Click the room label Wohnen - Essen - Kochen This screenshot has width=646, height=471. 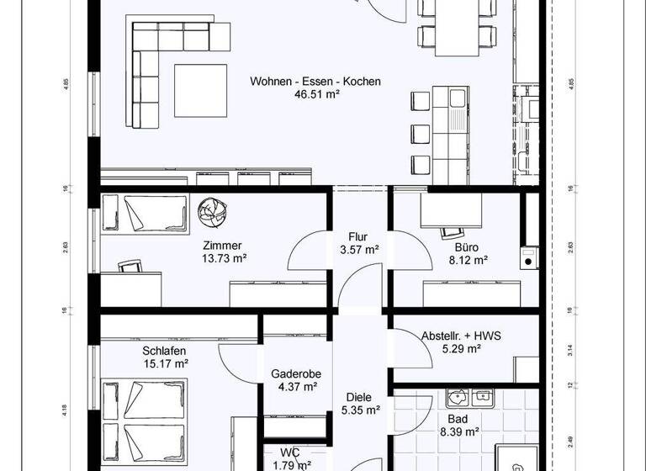pos(315,82)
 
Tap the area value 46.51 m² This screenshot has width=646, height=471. pos(315,95)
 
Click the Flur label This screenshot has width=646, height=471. pos(359,236)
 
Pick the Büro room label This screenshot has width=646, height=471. pos(467,247)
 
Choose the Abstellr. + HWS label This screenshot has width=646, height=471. pos(461,335)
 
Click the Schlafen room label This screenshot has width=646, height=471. pos(164,351)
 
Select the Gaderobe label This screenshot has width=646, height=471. pos(295,374)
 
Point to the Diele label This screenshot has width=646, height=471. pos(359,398)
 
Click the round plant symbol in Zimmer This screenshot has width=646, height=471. pos(211,211)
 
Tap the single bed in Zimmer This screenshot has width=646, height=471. pos(145,214)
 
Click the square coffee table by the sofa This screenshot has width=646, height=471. pos(200,91)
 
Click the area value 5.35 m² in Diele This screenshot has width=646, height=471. pos(359,411)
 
